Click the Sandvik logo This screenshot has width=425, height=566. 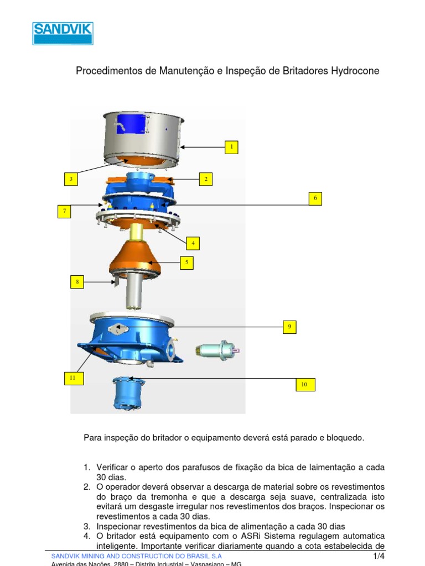63,33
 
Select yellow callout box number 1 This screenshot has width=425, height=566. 231,147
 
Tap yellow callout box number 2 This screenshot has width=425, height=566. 206,179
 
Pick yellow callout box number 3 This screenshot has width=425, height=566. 70,179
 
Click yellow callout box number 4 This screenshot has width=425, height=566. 193,243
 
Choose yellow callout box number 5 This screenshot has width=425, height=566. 187,263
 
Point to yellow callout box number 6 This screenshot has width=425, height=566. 315,198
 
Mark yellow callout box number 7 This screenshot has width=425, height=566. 65,211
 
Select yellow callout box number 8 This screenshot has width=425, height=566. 77,282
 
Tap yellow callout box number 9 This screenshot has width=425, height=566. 289,327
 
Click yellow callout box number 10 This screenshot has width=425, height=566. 304,385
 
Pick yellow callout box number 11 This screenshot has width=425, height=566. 72,378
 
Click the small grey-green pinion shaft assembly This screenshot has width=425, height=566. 216,349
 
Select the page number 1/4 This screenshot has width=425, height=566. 379,556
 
